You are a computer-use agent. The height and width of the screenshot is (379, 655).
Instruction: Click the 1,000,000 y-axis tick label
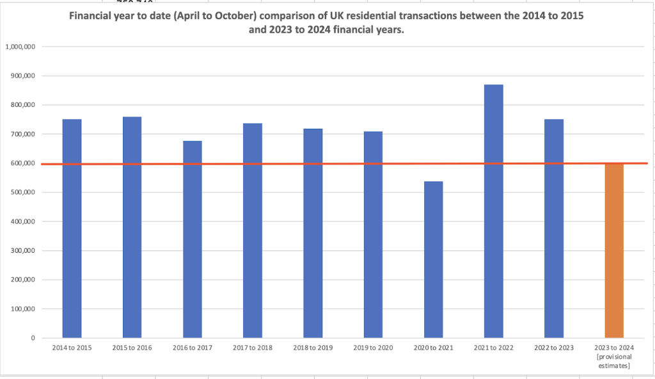coord(20,47)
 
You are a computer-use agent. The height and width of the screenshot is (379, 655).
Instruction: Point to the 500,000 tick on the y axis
coord(22,193)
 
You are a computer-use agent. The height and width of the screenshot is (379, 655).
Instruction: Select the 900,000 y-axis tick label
coord(22,76)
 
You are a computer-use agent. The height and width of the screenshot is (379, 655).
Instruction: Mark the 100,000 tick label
coord(22,309)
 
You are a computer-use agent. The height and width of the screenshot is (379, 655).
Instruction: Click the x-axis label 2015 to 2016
coord(132,347)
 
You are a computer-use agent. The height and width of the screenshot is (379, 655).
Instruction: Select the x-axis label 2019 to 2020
coord(373,347)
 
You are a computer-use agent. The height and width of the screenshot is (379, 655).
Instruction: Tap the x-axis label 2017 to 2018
coord(252,347)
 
